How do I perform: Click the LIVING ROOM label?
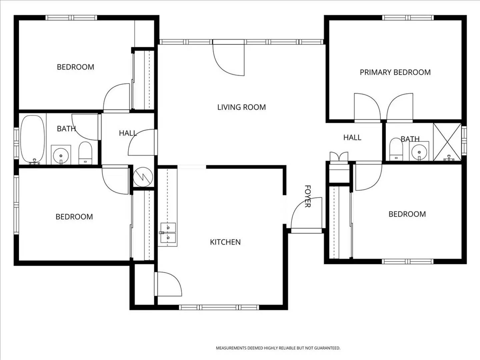pos(241,107)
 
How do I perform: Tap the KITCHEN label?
pos(225,242)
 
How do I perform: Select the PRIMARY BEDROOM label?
pos(395,72)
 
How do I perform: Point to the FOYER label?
pos(308,196)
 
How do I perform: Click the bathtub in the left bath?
pos(33,139)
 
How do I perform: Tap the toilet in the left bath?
pos(85,153)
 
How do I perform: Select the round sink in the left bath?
pos(61,155)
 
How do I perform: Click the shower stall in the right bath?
pos(447,142)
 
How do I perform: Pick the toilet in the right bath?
pos(396,149)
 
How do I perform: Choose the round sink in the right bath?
pos(419,152)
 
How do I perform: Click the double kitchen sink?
pos(168,233)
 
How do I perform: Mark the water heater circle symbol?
pos(143,177)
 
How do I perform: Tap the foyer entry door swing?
pos(306,213)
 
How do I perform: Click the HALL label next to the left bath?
pos(128,133)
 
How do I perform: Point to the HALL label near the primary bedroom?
pos(352,137)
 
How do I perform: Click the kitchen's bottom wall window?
pos(219,307)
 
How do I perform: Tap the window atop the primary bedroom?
pos(408,18)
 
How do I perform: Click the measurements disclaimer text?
pos(278,348)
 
